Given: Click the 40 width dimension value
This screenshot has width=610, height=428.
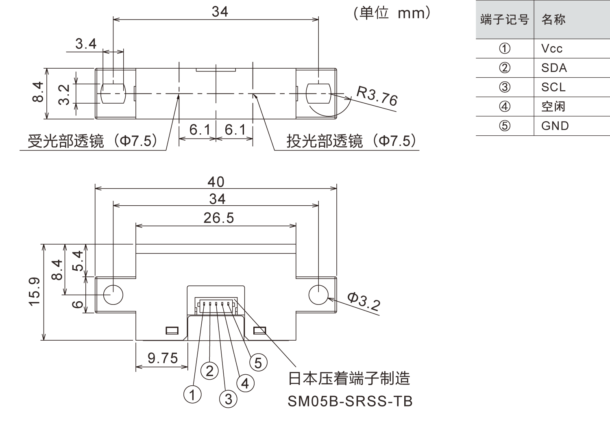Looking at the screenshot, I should coord(216,182).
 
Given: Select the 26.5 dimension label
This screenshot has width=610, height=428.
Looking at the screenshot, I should coord(219,218).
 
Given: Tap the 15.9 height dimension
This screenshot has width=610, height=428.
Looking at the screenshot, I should coord(35,292).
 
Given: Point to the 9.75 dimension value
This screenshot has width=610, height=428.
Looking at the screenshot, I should coord(163,358).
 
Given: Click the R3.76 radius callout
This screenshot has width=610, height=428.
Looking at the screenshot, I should coord(377,96).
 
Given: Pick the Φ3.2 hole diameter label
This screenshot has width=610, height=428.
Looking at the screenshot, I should coord(364,302).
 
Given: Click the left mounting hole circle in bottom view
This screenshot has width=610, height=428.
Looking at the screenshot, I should coord(113,294).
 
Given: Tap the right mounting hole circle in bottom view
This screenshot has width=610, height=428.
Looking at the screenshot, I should coord(318,294).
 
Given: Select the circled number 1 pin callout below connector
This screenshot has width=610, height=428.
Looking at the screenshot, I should coord(192,394).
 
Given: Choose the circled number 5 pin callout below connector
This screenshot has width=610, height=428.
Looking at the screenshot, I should coord(258,363).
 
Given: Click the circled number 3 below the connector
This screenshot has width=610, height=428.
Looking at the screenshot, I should coord(228,399).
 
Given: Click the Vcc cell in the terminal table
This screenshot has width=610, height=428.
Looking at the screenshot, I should coord(552,49).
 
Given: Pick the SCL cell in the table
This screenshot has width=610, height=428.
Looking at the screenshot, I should coord(553,87).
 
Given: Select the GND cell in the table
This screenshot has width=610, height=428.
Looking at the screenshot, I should coord(555,126).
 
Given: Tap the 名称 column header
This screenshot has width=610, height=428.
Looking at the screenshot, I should coord(553,20).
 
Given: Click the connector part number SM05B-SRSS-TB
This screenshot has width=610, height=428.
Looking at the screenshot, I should coord(350,401).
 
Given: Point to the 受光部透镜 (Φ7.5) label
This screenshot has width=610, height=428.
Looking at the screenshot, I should coord(93,141).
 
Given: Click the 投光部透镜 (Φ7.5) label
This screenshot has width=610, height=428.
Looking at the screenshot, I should coord(351,141).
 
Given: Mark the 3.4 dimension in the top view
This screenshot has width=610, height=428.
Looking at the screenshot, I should coord(86,43).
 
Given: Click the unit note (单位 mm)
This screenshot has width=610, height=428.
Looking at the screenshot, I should coord(392,13).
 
